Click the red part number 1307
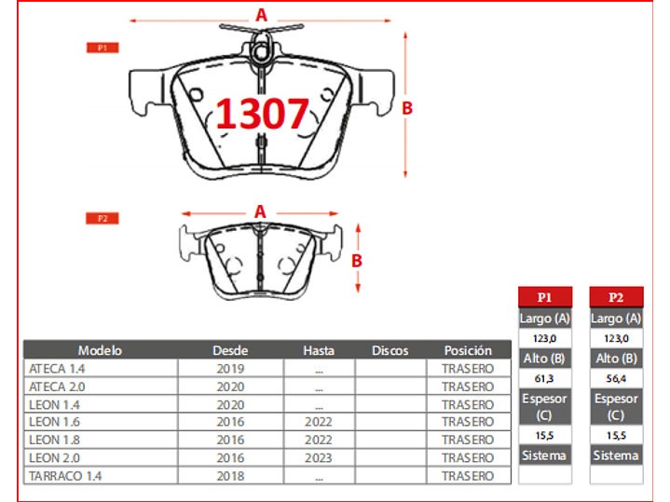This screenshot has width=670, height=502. [262, 114]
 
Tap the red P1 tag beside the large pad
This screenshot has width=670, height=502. [103, 47]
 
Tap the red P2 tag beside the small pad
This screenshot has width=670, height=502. [103, 218]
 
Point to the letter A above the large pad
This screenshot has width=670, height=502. [262, 15]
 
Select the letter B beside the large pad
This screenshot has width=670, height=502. [407, 108]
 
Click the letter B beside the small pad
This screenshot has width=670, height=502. [356, 261]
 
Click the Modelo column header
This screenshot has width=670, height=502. [100, 351]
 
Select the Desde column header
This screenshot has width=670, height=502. [230, 351]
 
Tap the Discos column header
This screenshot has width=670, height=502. [390, 351]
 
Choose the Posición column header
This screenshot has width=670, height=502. [468, 351]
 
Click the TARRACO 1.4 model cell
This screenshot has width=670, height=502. [68, 475]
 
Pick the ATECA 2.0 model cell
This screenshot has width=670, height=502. [61, 387]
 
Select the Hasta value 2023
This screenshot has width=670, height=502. [319, 457]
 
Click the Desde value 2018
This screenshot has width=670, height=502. [229, 475]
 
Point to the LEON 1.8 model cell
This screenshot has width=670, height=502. [55, 440]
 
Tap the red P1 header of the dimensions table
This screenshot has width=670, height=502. [544, 297]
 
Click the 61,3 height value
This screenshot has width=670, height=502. [544, 379]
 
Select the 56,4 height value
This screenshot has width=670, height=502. [616, 379]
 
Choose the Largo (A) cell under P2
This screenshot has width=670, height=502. [616, 319]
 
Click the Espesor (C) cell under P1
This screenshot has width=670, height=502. [544, 406]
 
